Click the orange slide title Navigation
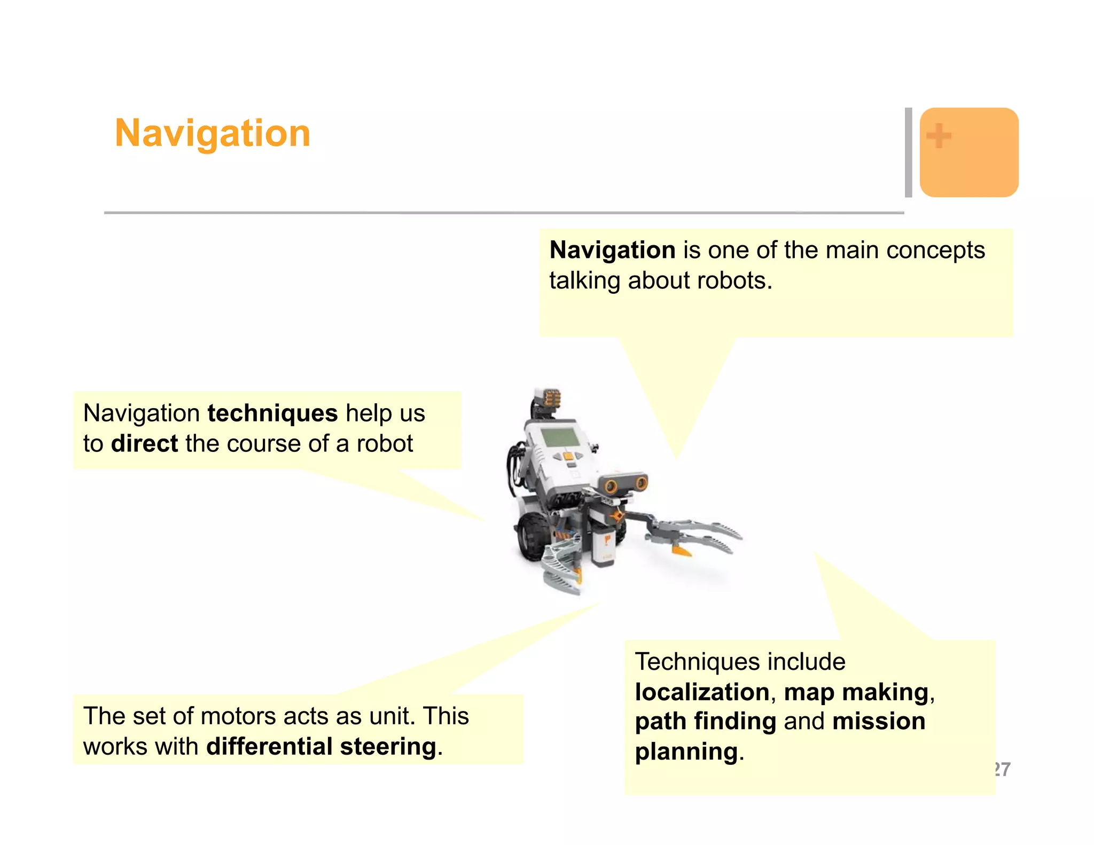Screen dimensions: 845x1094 (213, 133)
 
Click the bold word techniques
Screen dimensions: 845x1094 (272, 413)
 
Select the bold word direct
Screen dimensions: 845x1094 (144, 444)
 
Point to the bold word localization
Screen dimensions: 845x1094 (702, 692)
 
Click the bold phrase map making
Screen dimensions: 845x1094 (856, 692)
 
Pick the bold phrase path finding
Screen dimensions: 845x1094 (705, 721)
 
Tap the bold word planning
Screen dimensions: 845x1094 (686, 752)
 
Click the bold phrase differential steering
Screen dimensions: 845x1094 (321, 747)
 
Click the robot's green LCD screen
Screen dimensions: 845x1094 (559, 437)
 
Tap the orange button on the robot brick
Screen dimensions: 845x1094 (568, 457)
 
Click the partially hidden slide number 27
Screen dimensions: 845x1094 (1003, 769)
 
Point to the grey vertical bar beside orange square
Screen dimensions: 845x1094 (908, 152)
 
